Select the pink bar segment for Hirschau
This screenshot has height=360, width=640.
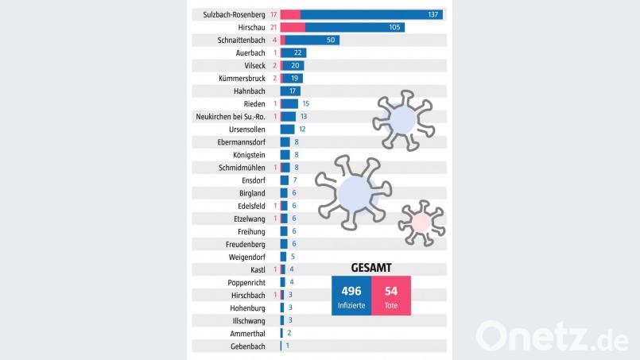[293, 27]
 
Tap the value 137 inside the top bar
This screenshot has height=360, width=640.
[433, 14]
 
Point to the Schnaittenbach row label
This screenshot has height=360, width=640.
[242, 40]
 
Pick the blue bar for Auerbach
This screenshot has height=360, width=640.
[295, 52]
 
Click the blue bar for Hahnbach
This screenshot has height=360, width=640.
[289, 91]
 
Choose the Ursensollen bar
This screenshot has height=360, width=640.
[287, 129]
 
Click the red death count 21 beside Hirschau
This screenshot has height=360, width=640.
[273, 27]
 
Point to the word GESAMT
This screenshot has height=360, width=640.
[370, 267]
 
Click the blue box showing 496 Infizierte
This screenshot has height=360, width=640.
[351, 296]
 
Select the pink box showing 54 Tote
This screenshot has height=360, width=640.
[391, 296]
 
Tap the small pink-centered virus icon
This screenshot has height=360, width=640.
[420, 222]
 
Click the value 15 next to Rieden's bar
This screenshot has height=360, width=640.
[305, 104]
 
